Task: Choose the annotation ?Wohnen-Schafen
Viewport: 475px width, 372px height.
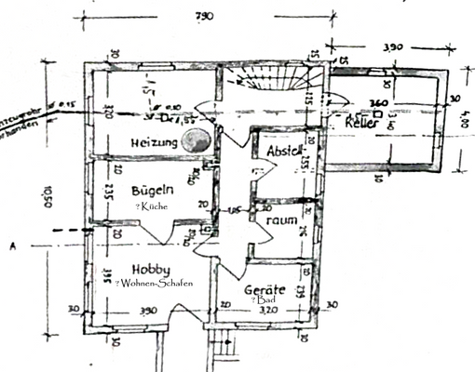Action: [x=154, y=283]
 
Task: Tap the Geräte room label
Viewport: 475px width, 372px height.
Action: [x=265, y=290]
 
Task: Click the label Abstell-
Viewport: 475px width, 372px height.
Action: [x=284, y=151]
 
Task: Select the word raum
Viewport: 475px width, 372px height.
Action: [x=281, y=221]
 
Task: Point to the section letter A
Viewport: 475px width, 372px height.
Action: [x=11, y=246]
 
